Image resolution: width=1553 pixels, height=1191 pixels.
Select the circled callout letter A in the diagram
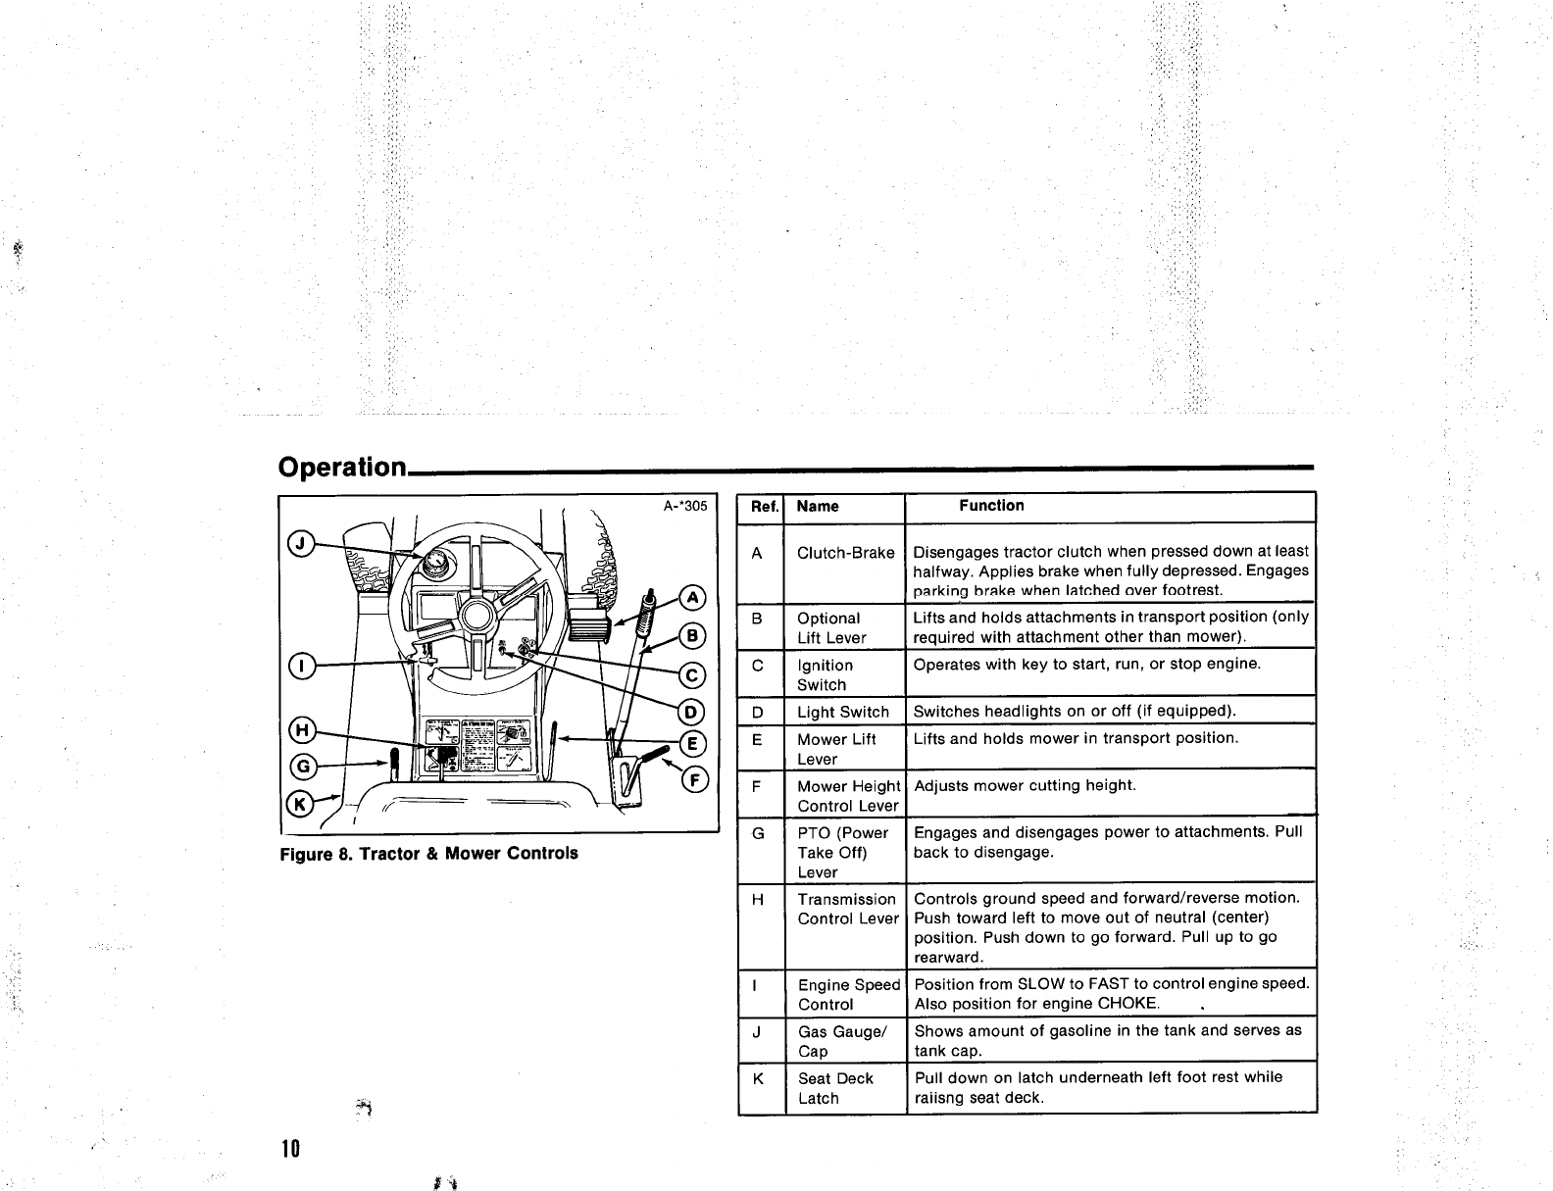pos(692,597)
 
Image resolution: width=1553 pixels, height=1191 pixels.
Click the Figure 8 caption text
pos(428,853)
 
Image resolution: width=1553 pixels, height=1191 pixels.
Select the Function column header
pos(991,506)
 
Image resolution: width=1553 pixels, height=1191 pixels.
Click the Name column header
pos(818,507)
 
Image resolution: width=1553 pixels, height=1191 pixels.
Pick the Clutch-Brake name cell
pos(845,553)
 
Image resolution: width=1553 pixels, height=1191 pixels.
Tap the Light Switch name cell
pos(843,713)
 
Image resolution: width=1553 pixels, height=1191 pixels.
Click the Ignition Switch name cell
pos(825,674)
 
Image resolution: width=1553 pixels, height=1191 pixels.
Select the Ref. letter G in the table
pos(758,833)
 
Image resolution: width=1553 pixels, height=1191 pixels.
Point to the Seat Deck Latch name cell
pos(834,1088)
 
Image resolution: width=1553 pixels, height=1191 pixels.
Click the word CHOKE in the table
pos(1128,1003)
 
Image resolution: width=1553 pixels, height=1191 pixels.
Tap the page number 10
pos(290,1148)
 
